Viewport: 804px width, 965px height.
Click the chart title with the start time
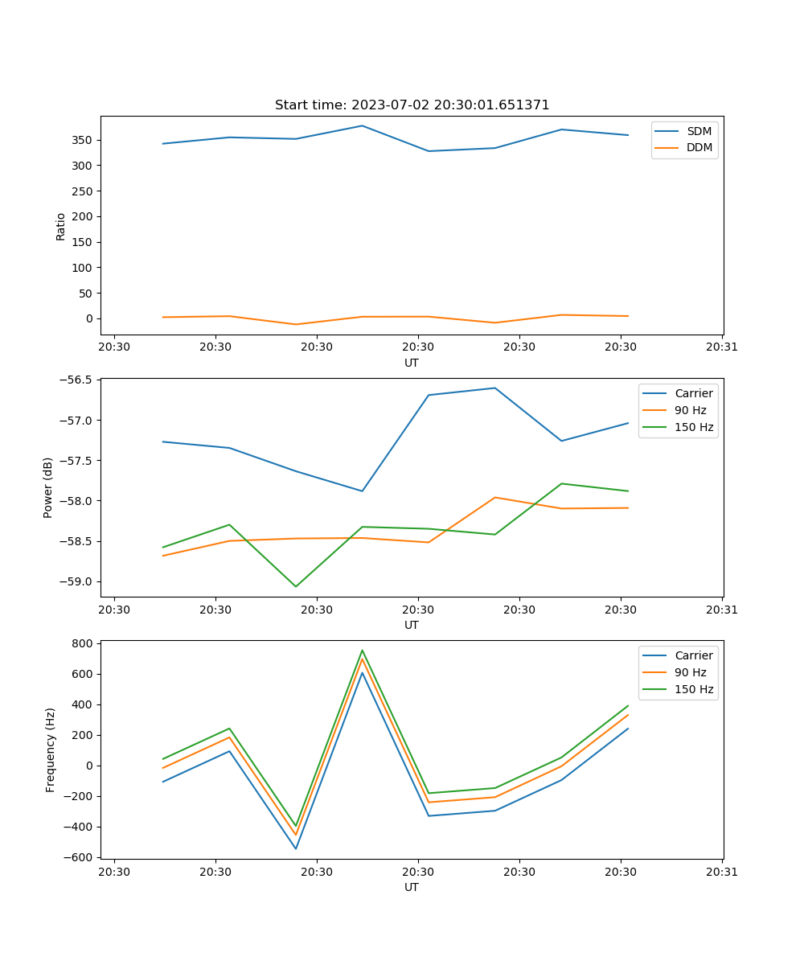point(412,105)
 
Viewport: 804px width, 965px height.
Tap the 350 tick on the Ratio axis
point(83,140)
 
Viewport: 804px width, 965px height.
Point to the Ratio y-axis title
point(61,226)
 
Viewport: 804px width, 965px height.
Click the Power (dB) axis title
point(48,487)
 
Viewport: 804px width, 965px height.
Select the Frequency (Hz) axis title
point(51,749)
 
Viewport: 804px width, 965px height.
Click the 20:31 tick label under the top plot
point(722,347)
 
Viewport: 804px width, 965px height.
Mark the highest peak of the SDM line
point(362,125)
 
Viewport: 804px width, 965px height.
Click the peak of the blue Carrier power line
point(494,388)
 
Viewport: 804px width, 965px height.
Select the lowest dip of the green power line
point(296,586)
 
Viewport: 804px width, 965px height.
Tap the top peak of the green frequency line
point(362,651)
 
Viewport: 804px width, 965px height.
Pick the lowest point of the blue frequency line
point(296,848)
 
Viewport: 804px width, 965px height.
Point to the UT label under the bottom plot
point(412,887)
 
